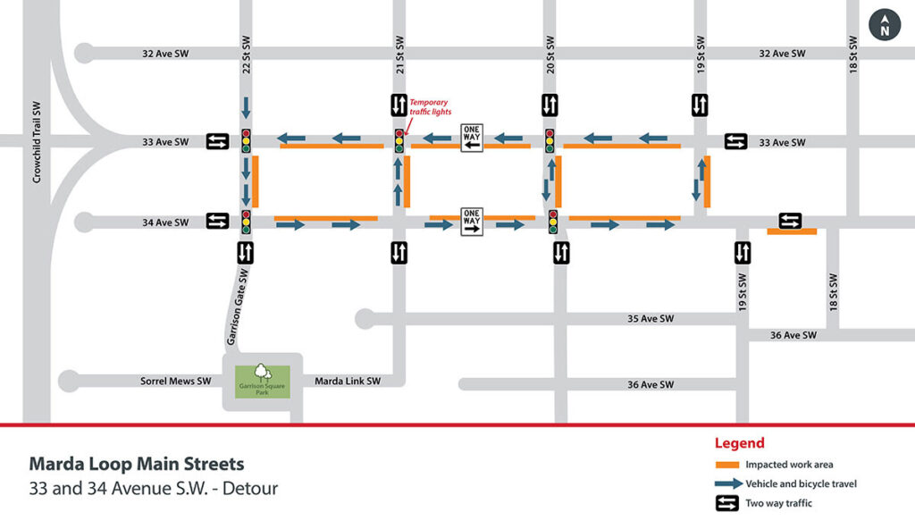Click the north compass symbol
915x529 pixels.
point(885,25)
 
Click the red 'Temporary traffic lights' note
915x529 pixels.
point(429,107)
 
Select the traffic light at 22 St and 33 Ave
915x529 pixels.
point(247,140)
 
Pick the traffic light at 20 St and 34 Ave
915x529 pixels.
point(553,222)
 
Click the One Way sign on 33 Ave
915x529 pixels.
point(472,139)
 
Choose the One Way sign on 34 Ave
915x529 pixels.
point(472,221)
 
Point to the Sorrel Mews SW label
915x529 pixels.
point(175,382)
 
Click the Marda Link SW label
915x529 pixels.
point(348,382)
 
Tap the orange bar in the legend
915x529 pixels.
point(727,466)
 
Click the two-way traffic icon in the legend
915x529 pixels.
point(727,503)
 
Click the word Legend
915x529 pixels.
point(739,443)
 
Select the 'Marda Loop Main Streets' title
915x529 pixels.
point(136,465)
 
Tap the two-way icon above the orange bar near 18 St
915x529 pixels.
point(790,221)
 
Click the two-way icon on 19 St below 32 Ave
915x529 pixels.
point(701,105)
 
